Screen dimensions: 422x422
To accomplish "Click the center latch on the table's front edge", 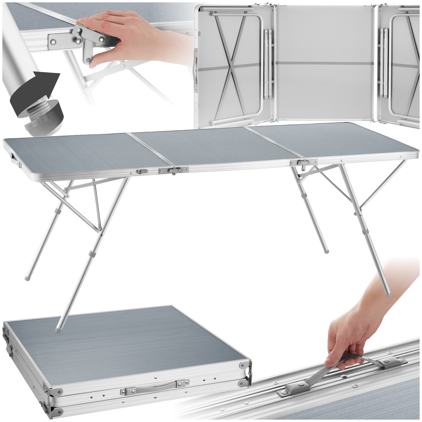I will [173, 170].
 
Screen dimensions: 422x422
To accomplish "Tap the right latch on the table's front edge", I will [303, 163].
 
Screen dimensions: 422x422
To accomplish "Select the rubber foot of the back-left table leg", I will [27, 277].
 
